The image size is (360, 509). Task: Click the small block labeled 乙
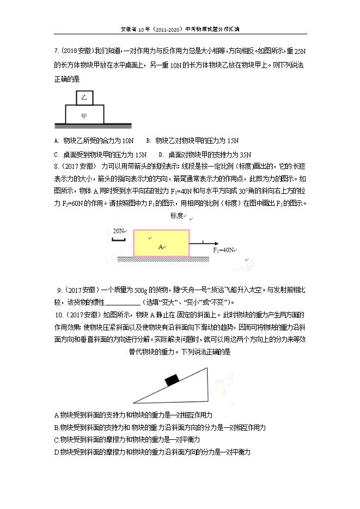coord(84,97)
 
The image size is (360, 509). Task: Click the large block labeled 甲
coord(84,115)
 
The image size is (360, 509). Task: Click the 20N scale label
coord(118,231)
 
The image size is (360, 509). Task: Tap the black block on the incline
coord(173,379)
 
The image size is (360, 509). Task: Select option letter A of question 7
coord(57,140)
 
